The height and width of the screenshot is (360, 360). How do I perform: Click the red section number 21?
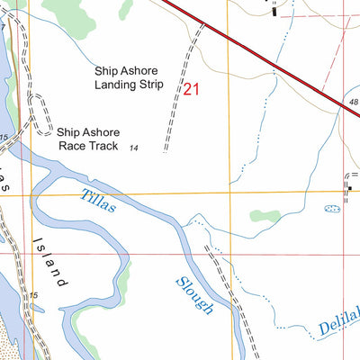pyautogui.click(x=191, y=89)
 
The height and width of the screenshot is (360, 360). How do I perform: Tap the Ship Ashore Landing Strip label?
pyautogui.click(x=129, y=77)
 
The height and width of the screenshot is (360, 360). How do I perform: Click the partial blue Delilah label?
pyautogui.click(x=338, y=323)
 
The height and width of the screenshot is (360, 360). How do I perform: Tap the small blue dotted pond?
pyautogui.click(x=332, y=209)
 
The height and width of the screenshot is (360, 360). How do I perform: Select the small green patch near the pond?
pyautogui.click(x=264, y=216)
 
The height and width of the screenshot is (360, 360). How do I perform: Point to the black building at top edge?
pyautogui.click(x=274, y=10)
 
